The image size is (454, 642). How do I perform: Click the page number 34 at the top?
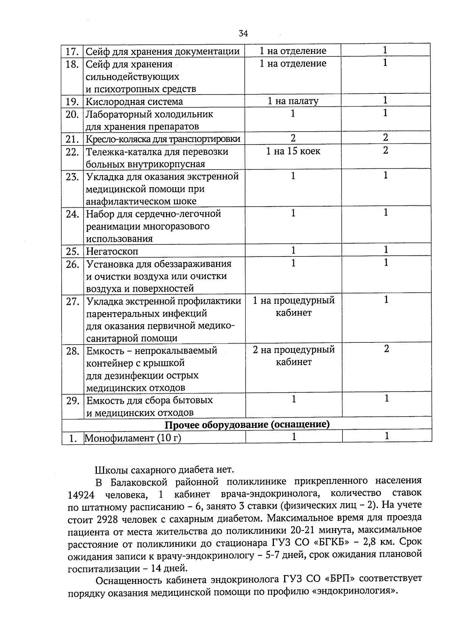pos(243,34)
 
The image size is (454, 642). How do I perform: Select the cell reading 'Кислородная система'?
pos(134,101)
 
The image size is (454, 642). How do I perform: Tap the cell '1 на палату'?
pos(293,101)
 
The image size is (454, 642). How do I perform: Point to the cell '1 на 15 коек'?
pos(293,151)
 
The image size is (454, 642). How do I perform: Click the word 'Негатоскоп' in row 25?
pos(112,251)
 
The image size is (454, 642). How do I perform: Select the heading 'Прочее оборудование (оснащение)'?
pos(247,424)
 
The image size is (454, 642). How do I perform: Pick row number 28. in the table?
pos(73,351)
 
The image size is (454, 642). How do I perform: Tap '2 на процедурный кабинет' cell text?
pos(294,356)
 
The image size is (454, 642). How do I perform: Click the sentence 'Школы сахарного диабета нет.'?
pos(165,470)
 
